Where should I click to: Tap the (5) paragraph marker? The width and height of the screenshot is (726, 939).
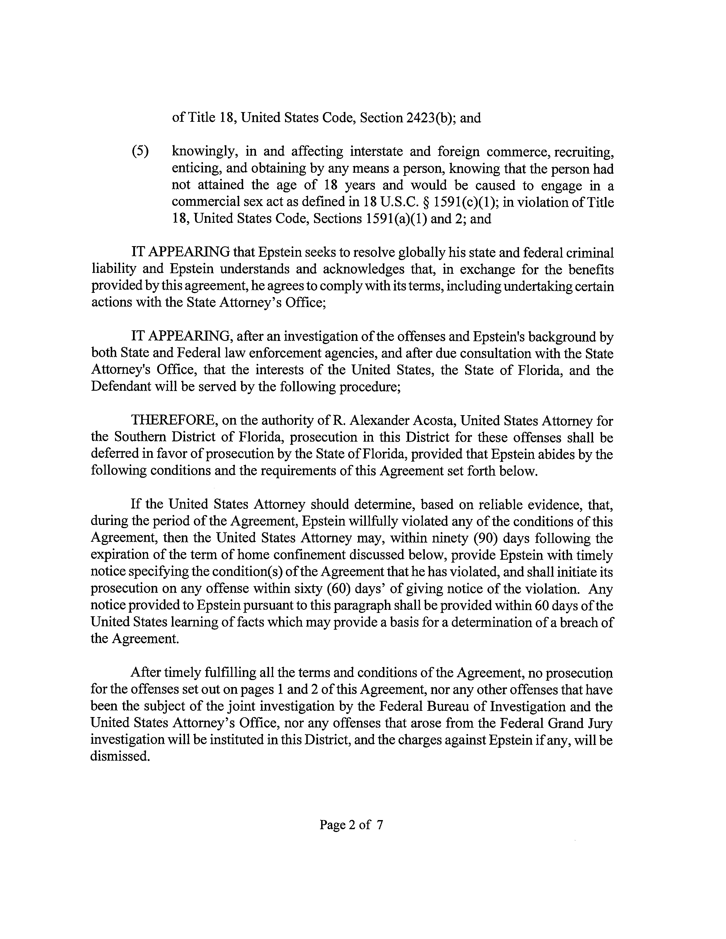tap(140, 152)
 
